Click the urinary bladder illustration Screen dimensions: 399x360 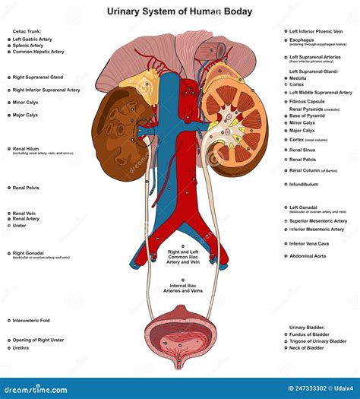pyautogui.click(x=180, y=334)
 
